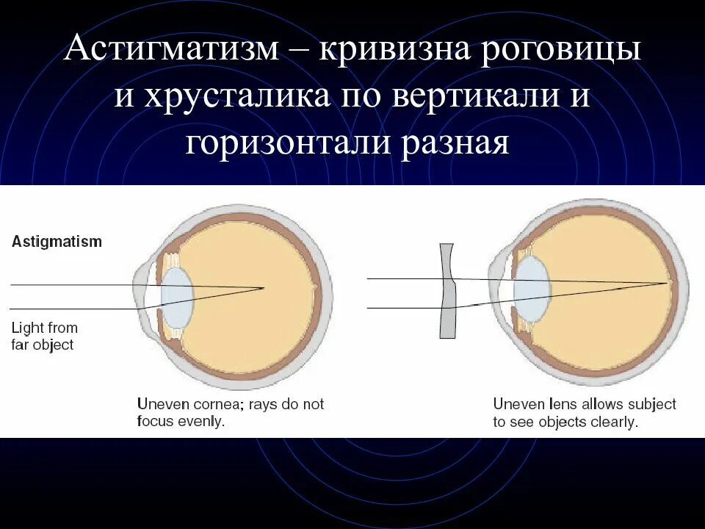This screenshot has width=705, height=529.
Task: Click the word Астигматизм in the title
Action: coord(173,51)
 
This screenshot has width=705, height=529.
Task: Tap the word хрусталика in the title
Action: coord(231,96)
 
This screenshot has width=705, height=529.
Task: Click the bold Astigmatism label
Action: coord(57,242)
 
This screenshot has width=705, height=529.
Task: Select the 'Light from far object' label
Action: coord(44,336)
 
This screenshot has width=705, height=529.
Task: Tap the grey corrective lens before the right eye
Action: coord(448,291)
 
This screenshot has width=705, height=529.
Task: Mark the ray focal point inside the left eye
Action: coord(263,287)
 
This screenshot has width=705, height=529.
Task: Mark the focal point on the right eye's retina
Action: coord(669,283)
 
